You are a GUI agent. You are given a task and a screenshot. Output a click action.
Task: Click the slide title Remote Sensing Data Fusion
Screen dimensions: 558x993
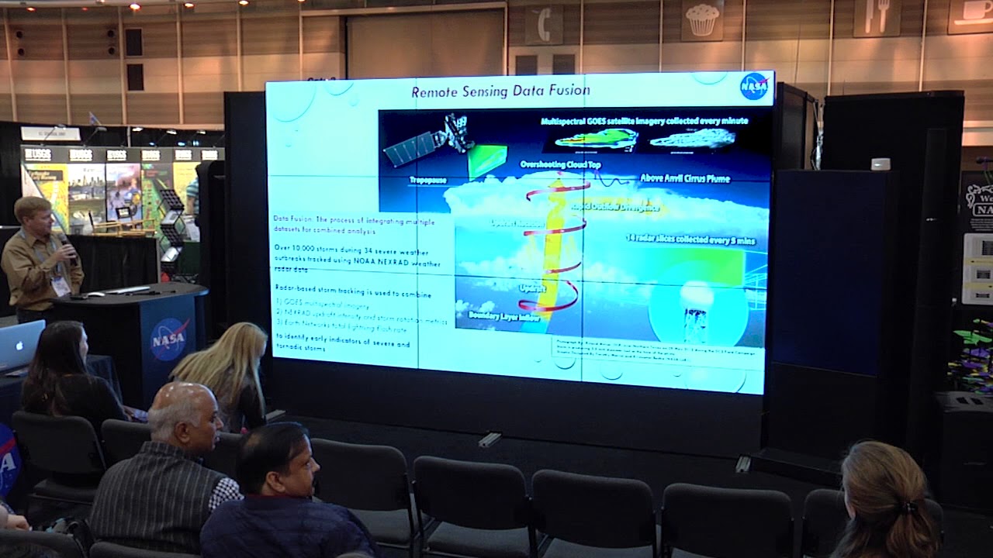pyautogui.click(x=500, y=91)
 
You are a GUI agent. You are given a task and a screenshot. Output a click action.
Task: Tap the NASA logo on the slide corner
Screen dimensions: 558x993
pyautogui.click(x=753, y=86)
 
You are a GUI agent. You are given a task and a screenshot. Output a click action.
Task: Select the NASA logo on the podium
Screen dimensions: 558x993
pyautogui.click(x=169, y=339)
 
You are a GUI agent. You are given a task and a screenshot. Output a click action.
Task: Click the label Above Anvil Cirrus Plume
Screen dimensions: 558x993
pyautogui.click(x=685, y=179)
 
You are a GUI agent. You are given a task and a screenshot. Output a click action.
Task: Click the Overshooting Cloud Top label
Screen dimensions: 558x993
pyautogui.click(x=560, y=165)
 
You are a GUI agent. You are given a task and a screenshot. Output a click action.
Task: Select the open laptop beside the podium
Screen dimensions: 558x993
pyautogui.click(x=20, y=345)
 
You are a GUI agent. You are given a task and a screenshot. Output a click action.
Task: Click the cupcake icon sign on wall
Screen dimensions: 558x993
pyautogui.click(x=702, y=19)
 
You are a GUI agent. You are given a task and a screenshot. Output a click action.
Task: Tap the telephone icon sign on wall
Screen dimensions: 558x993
pyautogui.click(x=543, y=26)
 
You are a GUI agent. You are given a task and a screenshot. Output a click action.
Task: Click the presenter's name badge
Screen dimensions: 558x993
pyautogui.click(x=60, y=285)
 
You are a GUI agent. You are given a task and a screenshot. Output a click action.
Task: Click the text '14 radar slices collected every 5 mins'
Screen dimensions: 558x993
pyautogui.click(x=690, y=240)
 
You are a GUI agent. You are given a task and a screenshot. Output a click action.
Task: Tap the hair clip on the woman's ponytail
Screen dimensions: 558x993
pyautogui.click(x=908, y=508)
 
